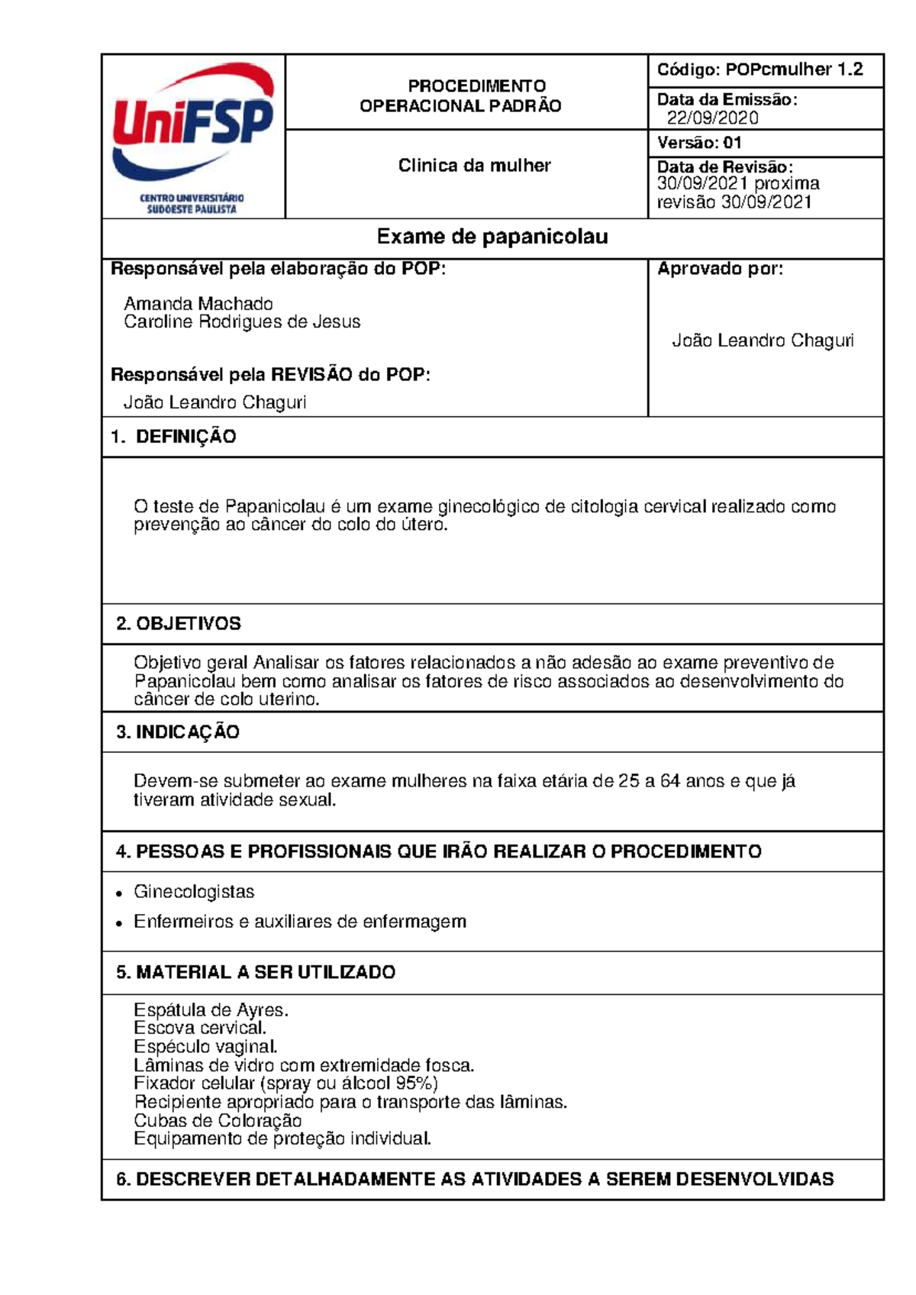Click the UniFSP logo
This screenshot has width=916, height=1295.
click(193, 136)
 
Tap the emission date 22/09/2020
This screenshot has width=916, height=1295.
click(712, 118)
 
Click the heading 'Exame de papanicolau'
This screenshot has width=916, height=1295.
click(492, 237)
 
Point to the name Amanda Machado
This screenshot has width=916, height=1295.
click(198, 304)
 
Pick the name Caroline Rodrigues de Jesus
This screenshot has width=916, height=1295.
click(242, 322)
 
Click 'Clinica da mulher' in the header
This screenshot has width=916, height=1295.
click(474, 166)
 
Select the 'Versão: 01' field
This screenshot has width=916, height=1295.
click(699, 143)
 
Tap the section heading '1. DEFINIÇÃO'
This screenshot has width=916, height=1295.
click(174, 437)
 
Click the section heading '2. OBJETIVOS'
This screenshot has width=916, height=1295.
click(179, 624)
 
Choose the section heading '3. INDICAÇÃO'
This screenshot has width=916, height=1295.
click(178, 732)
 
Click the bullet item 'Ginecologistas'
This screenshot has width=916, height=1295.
click(194, 892)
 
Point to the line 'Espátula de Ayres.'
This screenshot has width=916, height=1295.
click(211, 1010)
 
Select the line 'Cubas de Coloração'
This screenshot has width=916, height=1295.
click(218, 1121)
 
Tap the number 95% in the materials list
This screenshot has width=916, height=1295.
click(414, 1083)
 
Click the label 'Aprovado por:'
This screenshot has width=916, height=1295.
click(720, 269)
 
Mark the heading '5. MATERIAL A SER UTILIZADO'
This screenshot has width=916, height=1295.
click(256, 973)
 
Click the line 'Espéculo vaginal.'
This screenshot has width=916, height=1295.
click(205, 1047)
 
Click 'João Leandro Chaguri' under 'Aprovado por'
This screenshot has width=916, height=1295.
click(763, 341)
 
